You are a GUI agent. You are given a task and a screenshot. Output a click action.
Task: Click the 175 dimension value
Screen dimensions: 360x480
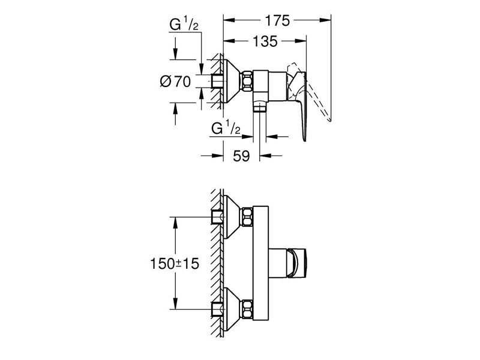277,20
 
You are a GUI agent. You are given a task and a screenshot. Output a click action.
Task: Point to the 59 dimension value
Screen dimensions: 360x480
241,156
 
